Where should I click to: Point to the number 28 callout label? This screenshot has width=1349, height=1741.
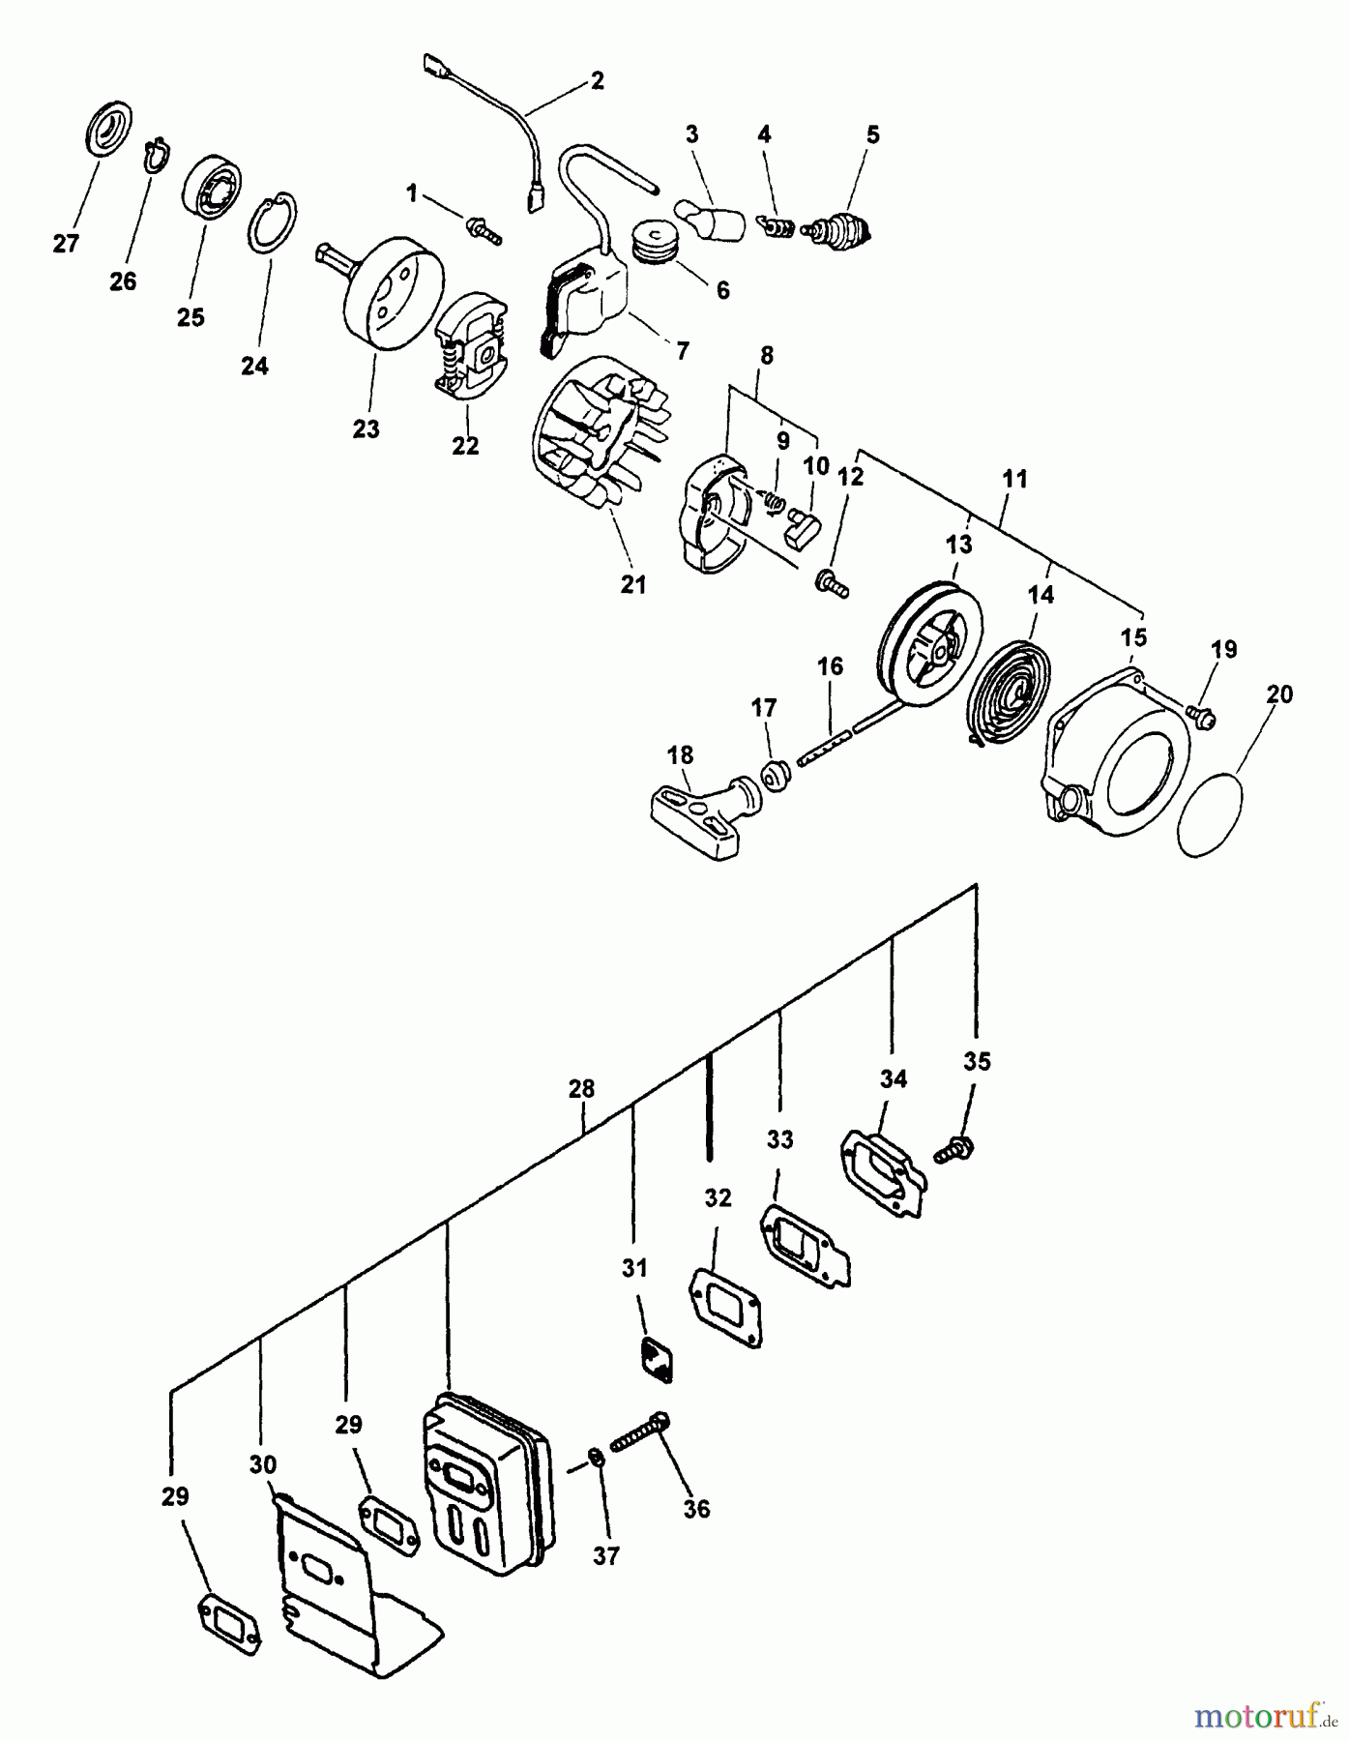[x=581, y=1089]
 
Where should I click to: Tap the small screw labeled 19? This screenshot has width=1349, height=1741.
[x=1205, y=719]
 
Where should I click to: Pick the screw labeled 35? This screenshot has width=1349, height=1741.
[x=955, y=1149]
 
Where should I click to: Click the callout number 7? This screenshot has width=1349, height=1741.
[x=683, y=350]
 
